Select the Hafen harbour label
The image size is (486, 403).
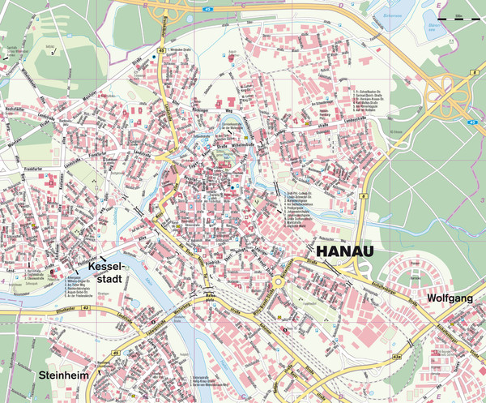[x=209, y=297]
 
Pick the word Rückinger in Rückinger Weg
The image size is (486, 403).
[x=193, y=105]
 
